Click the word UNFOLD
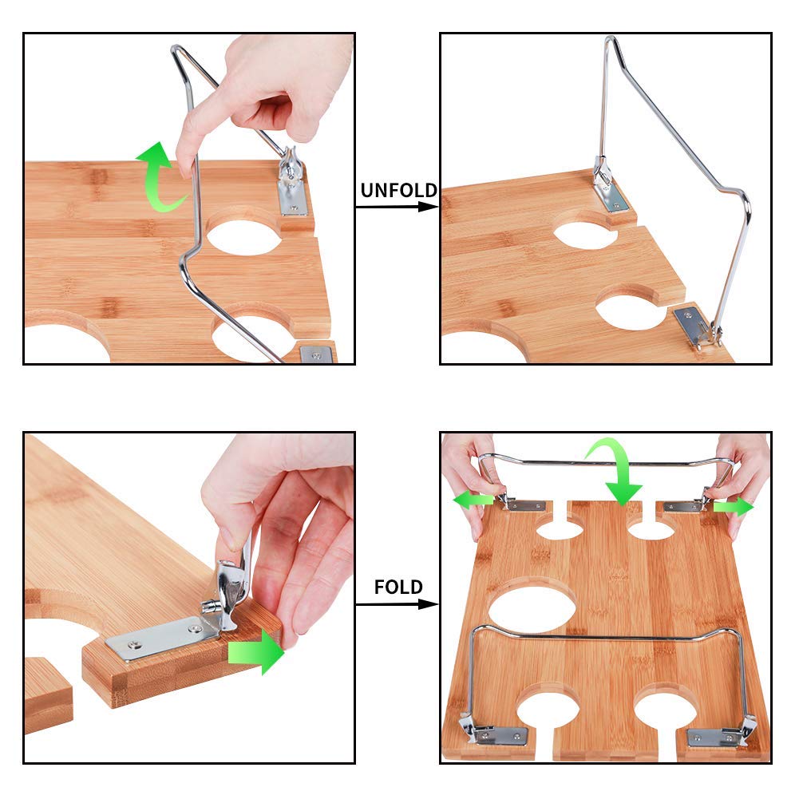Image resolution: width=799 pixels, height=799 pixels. pyautogui.click(x=398, y=190)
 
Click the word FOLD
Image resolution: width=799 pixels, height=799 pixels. pyautogui.click(x=398, y=587)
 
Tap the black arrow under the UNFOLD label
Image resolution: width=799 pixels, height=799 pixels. pyautogui.click(x=397, y=207)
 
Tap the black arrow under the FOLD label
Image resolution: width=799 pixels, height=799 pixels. pyautogui.click(x=397, y=604)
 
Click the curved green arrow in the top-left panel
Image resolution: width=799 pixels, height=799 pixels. pyautogui.click(x=155, y=176)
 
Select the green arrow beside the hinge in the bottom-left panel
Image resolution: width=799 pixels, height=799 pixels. pyautogui.click(x=255, y=652)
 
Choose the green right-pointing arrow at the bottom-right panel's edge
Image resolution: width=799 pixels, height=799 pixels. pyautogui.click(x=734, y=507)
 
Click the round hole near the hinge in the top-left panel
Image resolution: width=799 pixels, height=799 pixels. pyautogui.click(x=244, y=236)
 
